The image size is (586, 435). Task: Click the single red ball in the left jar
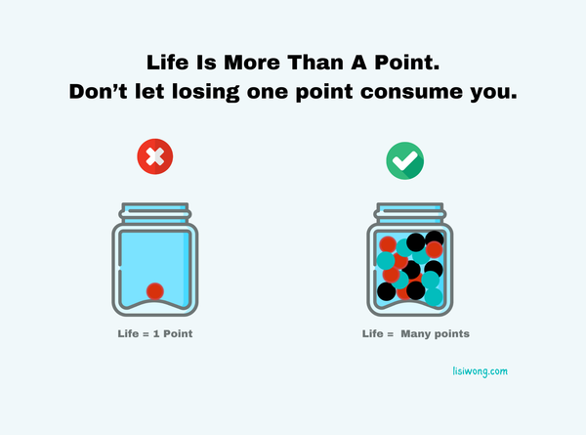tap(154, 290)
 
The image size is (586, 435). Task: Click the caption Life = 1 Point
tap(155, 333)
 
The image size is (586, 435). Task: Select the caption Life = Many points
tap(416, 333)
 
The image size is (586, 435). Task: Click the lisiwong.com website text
tap(480, 371)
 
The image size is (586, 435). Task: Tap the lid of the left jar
tap(154, 212)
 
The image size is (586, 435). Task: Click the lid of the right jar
tap(410, 212)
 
